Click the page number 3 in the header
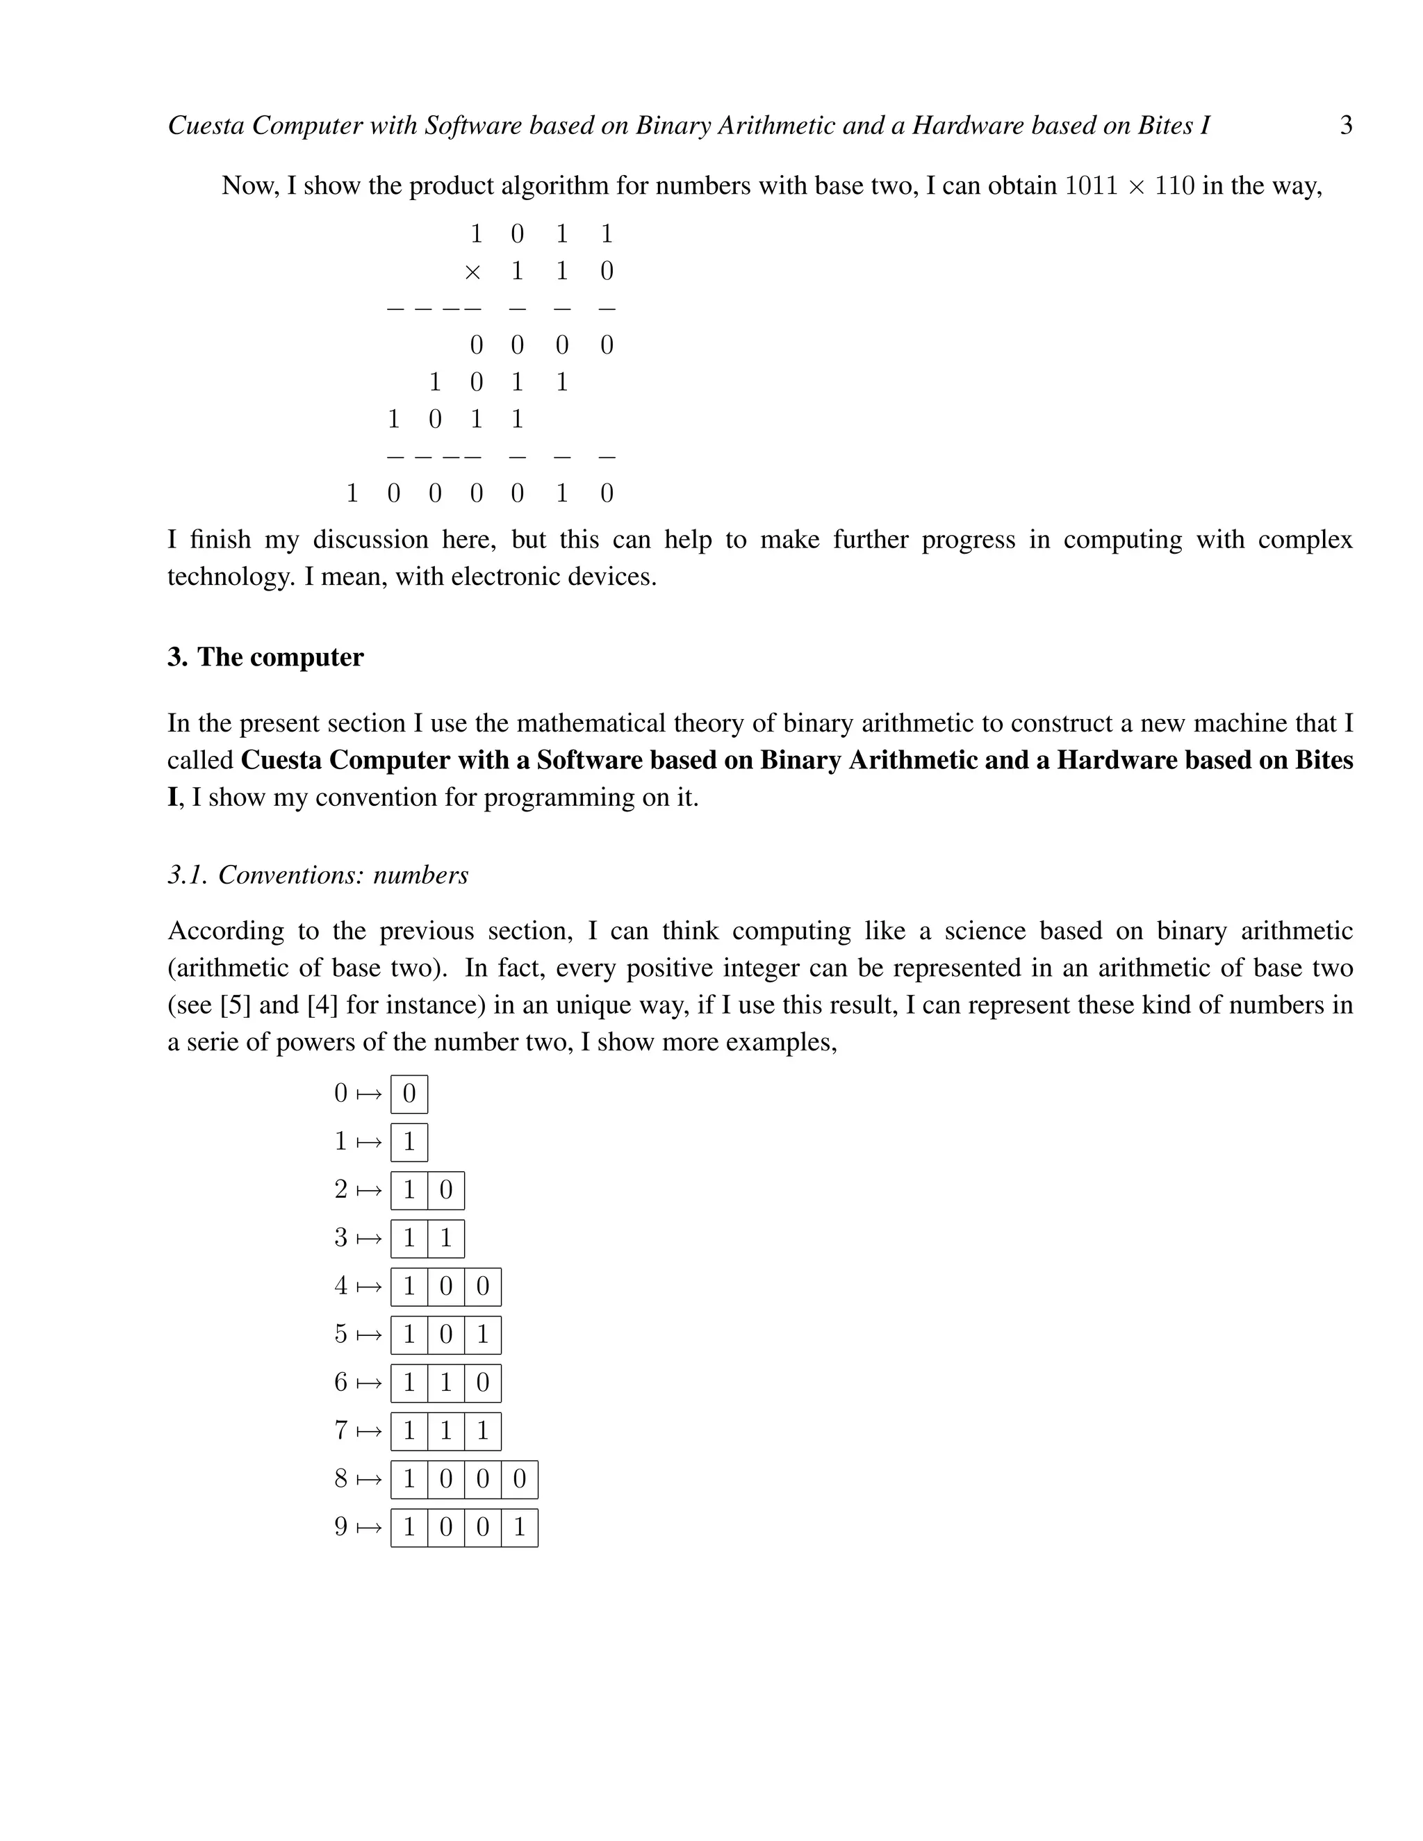pos(1345,126)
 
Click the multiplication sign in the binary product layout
pos(473,272)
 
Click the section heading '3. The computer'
pos(265,657)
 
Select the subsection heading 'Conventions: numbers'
pos(343,875)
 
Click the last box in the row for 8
pos(519,1479)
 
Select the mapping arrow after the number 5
pos(369,1335)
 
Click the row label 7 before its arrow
pos(340,1430)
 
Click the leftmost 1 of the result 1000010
pos(352,493)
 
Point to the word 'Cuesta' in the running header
pos(206,126)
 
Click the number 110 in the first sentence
pos(1174,185)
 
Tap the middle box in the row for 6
pos(446,1383)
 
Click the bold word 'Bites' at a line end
pos(1324,760)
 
